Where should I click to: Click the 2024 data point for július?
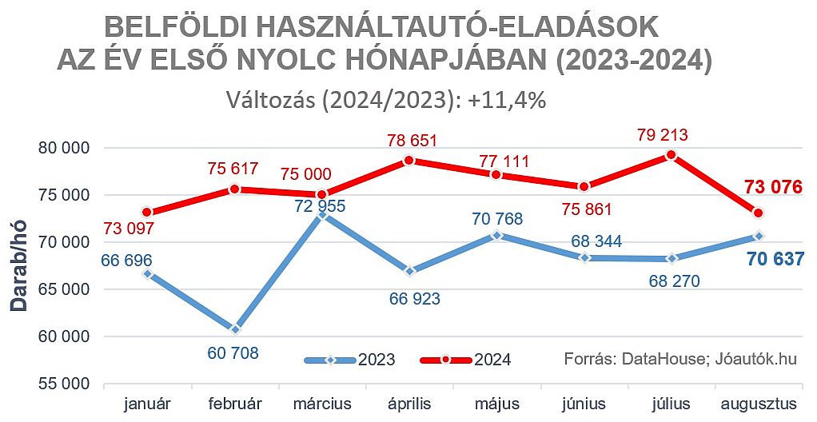pyautogui.click(x=672, y=155)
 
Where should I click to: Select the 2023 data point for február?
pyautogui.click(x=235, y=328)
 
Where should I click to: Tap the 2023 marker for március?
pyautogui.click(x=322, y=214)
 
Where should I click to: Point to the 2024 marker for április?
pyautogui.click(x=409, y=160)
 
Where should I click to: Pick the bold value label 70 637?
pyautogui.click(x=774, y=258)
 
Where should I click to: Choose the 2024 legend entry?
pyautogui.click(x=466, y=360)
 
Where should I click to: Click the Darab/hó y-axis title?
pyautogui.click(x=19, y=266)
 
